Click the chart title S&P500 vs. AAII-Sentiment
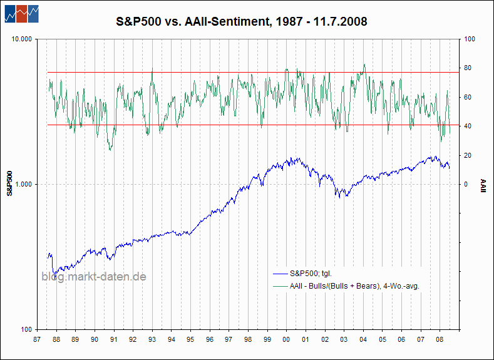coord(242,21)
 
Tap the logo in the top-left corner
coord(22,14)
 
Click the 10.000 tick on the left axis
coord(22,39)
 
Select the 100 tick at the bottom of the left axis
coord(27,330)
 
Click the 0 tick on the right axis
coord(466,185)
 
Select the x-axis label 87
coord(37,340)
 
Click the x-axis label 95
coord(190,340)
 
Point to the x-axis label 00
coord(286,340)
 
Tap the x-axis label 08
coord(440,340)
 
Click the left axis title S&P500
coord(10,183)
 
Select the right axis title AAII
coord(483,186)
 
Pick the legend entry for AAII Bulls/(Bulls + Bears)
coord(346,286)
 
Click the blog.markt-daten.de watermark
coord(94,277)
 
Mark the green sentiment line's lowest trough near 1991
coord(110,150)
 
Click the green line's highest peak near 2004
coord(364,64)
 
